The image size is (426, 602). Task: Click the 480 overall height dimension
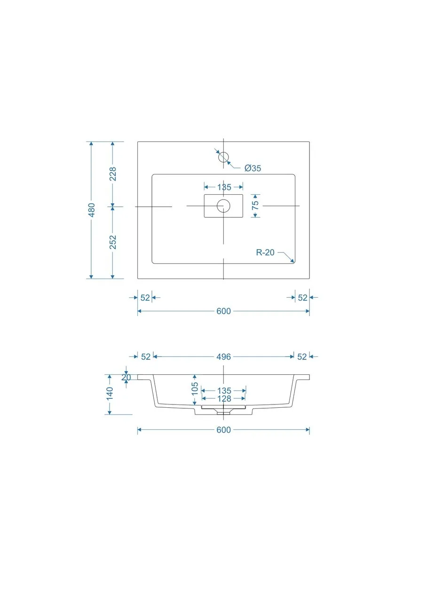tap(92, 210)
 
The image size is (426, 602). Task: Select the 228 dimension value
tap(113, 174)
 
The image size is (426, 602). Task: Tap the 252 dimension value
tap(113, 242)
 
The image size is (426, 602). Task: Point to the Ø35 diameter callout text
tap(253, 168)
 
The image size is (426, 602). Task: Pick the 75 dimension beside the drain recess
tap(255, 206)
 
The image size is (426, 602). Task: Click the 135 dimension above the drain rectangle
tap(224, 187)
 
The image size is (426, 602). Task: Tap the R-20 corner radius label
tap(265, 253)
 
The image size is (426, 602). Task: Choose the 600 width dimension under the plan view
tap(223, 311)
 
